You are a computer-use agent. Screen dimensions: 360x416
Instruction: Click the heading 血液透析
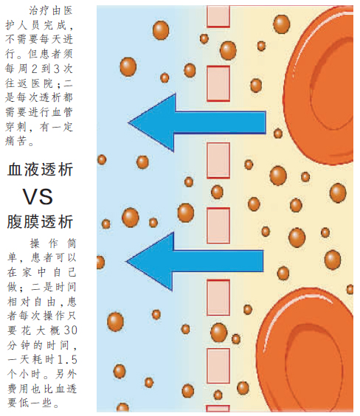(40, 169)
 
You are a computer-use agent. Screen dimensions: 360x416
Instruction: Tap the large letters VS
(38, 197)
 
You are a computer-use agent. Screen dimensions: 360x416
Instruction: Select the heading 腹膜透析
(40, 222)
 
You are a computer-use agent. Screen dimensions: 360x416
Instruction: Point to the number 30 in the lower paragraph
(71, 330)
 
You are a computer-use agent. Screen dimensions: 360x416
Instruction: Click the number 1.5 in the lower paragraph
(67, 359)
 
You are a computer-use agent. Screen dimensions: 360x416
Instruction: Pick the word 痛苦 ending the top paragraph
(16, 141)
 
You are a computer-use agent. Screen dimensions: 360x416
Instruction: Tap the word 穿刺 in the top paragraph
(16, 127)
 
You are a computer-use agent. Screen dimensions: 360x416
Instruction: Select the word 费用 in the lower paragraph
(18, 389)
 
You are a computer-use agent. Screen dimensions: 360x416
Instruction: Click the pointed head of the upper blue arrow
(129, 122)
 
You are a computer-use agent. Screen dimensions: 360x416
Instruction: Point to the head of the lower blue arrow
(128, 261)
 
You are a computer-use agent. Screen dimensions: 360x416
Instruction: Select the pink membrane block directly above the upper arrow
(218, 83)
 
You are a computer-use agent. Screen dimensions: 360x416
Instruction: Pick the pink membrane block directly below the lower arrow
(218, 297)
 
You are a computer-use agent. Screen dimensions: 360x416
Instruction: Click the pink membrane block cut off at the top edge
(218, 16)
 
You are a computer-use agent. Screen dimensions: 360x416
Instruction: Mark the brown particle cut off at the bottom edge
(122, 407)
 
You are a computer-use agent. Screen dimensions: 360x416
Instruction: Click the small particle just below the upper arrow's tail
(278, 134)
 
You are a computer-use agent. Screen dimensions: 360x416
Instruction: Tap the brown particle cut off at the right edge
(350, 289)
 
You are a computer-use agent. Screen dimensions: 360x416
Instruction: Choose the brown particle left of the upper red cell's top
(282, 24)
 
